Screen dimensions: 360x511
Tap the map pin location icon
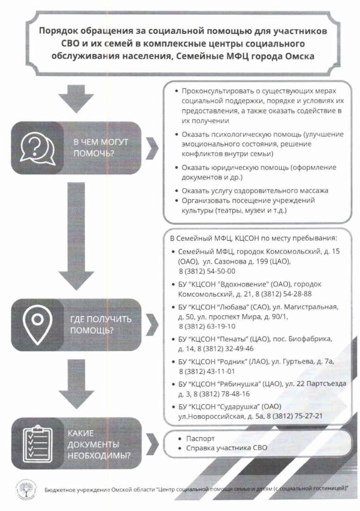click(x=37, y=325)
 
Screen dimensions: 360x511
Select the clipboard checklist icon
click(x=38, y=442)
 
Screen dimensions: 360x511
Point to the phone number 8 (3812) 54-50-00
click(x=206, y=271)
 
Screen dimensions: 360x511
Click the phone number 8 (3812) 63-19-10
click(x=206, y=326)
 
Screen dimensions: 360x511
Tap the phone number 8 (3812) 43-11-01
click(x=206, y=371)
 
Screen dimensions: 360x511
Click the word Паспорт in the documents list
click(x=200, y=439)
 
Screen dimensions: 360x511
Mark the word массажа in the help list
click(x=313, y=190)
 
